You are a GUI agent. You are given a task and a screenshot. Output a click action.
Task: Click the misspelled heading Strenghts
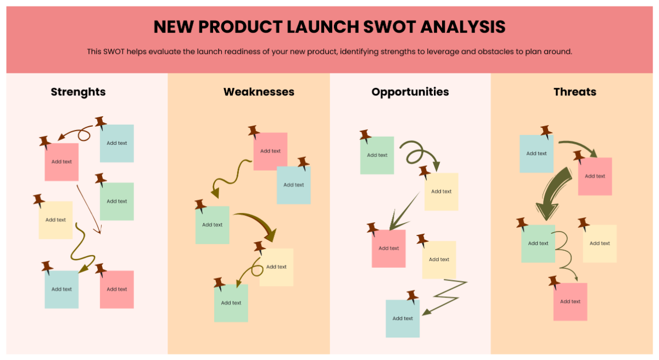point(78,92)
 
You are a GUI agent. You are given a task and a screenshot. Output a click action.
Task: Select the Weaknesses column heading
point(259,92)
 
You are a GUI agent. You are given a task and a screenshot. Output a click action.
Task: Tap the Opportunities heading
point(410,92)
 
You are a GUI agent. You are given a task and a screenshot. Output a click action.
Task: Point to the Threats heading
point(575,92)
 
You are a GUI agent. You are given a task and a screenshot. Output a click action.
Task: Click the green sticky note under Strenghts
point(117,201)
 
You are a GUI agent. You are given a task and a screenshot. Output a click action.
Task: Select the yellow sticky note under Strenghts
point(55,220)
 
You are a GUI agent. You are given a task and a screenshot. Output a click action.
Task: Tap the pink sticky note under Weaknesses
point(270,151)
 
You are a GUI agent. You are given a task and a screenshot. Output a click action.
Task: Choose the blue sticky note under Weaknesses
point(294,185)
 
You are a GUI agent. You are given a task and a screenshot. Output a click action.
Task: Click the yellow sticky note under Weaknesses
point(276,267)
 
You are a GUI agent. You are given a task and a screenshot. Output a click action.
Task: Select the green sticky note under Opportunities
point(377,155)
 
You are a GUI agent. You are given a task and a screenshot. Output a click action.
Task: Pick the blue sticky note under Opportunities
point(403,318)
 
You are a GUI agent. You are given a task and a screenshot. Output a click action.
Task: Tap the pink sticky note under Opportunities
point(389,249)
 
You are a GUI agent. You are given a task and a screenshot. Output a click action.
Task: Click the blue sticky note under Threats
point(537,154)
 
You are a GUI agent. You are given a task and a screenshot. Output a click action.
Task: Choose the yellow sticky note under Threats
point(600,244)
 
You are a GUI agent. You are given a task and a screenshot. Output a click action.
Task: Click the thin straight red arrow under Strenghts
point(89,209)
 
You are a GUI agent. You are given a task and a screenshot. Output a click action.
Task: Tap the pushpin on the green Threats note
point(522,223)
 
